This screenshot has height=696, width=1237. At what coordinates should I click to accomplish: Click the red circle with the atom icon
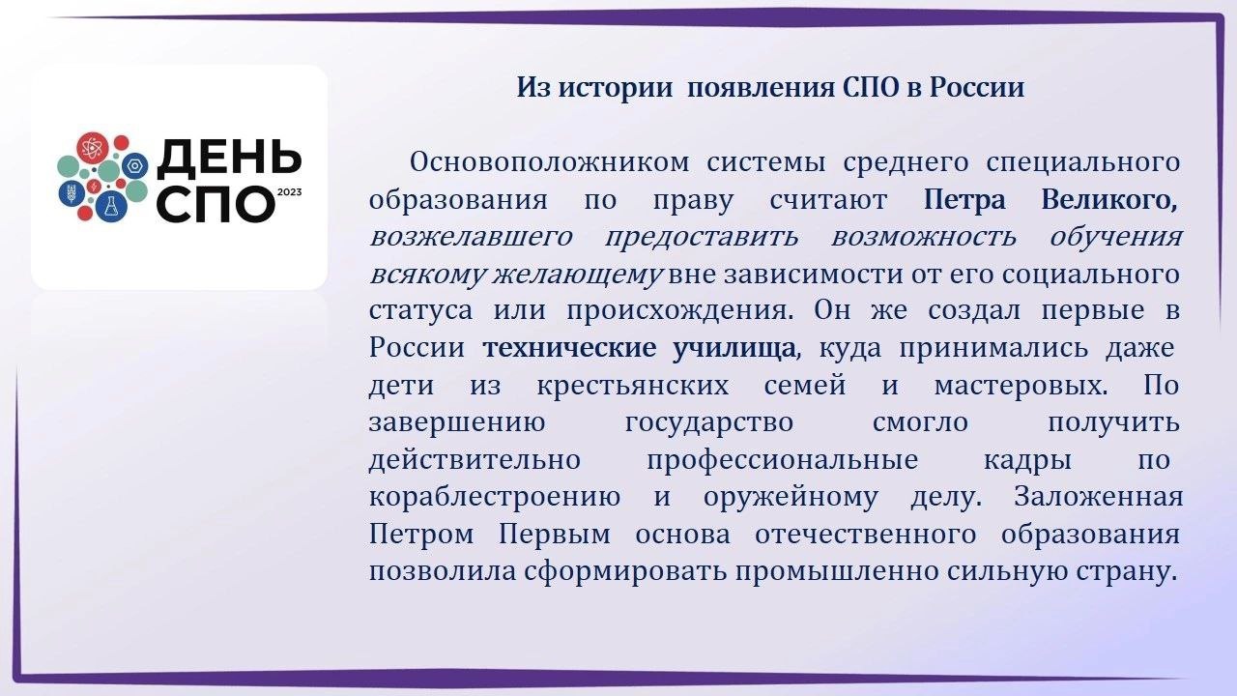[92, 148]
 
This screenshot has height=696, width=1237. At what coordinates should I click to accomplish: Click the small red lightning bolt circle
[94, 187]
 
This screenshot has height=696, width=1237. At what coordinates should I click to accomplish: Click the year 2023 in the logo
[289, 192]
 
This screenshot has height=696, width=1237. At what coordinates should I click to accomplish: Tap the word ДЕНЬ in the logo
[230, 159]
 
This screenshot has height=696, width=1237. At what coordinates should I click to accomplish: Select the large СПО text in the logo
[216, 205]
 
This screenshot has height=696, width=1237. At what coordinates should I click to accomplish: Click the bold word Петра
[964, 200]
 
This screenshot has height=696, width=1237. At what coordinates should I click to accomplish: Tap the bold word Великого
[1108, 200]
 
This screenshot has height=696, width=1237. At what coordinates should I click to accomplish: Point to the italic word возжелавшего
[471, 238]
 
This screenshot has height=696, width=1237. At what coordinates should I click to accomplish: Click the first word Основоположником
[550, 162]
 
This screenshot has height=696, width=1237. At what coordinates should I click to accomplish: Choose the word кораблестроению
[494, 497]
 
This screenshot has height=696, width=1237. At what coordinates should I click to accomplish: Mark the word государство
[709, 423]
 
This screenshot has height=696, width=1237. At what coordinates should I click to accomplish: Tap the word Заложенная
[1099, 497]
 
